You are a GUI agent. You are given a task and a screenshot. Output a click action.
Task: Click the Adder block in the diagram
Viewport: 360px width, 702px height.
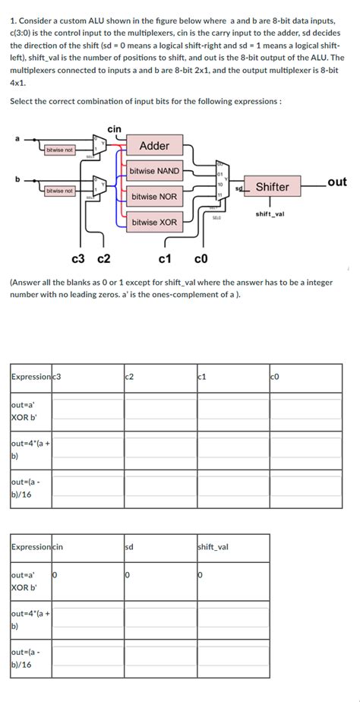click(x=154, y=146)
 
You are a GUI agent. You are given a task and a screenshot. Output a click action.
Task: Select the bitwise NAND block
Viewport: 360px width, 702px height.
click(x=154, y=171)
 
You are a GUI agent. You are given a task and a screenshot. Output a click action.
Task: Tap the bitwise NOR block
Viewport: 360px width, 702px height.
click(x=154, y=197)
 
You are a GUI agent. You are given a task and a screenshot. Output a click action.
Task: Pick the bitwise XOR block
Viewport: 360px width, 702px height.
click(x=154, y=223)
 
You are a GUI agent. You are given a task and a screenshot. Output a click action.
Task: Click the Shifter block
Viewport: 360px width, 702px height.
click(x=272, y=187)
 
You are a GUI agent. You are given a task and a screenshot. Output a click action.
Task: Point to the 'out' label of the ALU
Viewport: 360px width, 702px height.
click(x=337, y=182)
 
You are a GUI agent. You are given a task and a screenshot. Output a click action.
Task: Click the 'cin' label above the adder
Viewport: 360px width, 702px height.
click(x=114, y=130)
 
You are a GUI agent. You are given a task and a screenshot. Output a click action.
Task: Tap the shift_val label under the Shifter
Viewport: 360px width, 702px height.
click(x=270, y=214)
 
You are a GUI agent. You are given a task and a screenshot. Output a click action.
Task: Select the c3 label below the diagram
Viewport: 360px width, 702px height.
click(x=77, y=258)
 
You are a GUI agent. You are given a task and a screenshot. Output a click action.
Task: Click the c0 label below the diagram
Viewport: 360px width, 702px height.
click(x=201, y=258)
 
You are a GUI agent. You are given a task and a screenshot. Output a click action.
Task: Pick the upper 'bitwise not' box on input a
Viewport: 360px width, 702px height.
click(x=59, y=150)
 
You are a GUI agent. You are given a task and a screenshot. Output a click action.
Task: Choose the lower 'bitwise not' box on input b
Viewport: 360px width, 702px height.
click(x=59, y=191)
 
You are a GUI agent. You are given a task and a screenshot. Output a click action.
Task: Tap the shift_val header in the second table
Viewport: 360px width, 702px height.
click(x=211, y=546)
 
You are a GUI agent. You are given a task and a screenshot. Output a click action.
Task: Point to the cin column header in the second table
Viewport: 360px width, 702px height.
click(x=57, y=546)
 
